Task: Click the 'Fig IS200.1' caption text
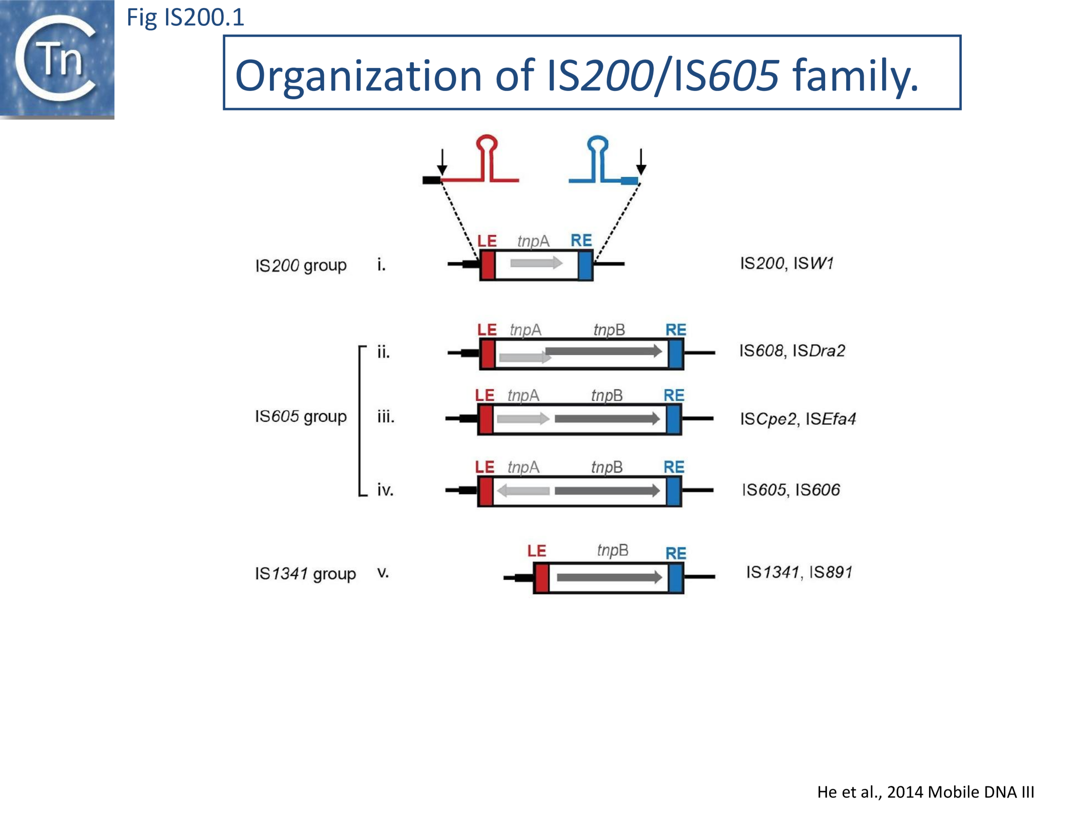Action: (185, 18)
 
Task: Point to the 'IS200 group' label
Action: (301, 265)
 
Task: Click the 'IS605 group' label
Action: (301, 417)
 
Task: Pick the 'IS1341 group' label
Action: (305, 573)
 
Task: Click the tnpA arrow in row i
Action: (536, 263)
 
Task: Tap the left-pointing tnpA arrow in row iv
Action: (523, 491)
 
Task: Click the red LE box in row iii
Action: (486, 419)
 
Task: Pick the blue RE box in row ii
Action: (676, 354)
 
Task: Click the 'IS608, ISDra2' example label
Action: (792, 351)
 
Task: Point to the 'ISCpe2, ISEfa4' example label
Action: (798, 419)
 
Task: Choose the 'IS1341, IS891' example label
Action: (799, 572)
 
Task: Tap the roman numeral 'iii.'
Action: (385, 417)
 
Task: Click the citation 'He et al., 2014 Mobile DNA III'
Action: (925, 792)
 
